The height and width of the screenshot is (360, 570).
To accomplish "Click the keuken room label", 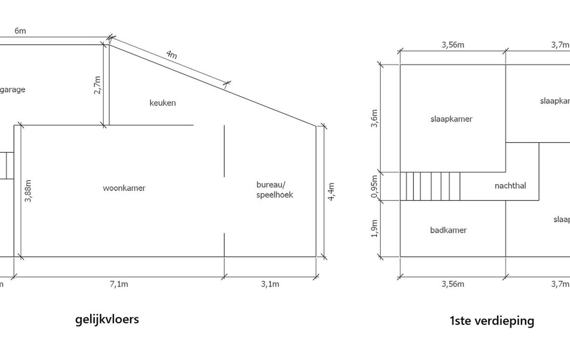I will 163,103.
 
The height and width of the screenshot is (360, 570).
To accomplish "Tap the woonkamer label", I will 124,188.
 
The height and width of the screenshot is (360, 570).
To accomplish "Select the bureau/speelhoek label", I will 275,190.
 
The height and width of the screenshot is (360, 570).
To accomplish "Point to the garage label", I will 12,90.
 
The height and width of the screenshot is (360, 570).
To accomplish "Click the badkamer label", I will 448,230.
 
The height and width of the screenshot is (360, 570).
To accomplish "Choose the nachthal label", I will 510,186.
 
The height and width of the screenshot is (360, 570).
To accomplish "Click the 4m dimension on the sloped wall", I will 171,54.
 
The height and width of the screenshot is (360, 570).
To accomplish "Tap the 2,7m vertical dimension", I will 97,85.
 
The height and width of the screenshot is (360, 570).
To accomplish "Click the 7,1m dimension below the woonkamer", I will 119,284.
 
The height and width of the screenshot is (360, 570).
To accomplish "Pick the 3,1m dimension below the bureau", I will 270,284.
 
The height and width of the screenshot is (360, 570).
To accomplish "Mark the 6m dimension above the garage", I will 20,31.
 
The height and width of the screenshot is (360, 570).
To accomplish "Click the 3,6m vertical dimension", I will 374,118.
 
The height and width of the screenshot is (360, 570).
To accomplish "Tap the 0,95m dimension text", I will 374,186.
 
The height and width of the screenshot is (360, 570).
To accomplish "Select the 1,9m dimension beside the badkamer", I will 374,229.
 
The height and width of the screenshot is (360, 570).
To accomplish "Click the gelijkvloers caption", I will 107,319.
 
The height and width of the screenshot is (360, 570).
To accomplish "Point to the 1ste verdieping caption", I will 492,321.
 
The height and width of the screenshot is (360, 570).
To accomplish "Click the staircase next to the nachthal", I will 430,186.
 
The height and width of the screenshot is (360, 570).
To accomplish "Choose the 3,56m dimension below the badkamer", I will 453,284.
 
